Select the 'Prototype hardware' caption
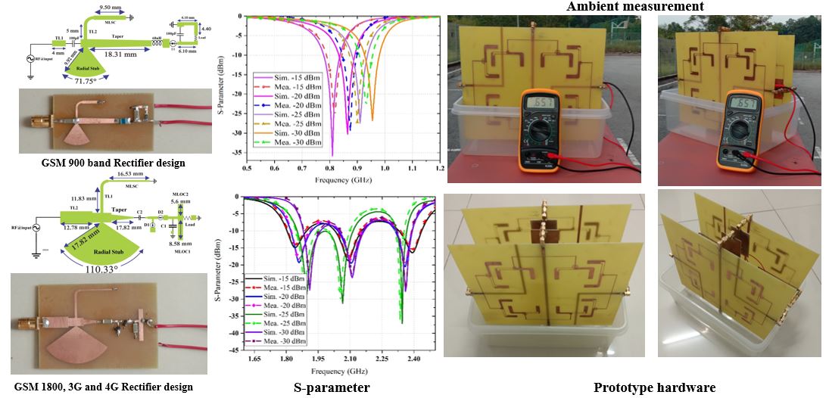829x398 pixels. (x=654, y=387)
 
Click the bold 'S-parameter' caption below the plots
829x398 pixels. (x=332, y=387)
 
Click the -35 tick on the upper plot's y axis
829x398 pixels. (x=242, y=152)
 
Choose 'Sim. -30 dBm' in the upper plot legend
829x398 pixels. (x=284, y=132)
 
